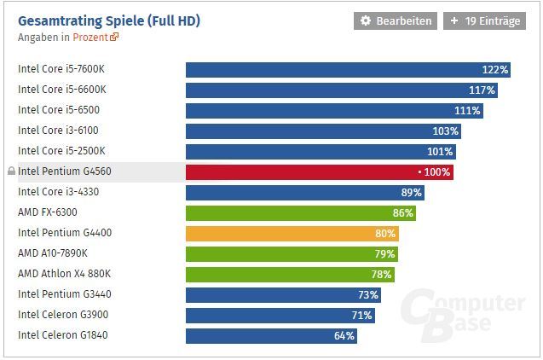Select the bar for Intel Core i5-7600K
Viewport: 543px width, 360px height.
(348, 70)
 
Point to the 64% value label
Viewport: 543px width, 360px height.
(344, 336)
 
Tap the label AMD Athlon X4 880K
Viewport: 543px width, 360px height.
(64, 274)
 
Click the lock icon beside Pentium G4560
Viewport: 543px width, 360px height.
(11, 171)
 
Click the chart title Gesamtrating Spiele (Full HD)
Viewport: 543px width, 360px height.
(110, 20)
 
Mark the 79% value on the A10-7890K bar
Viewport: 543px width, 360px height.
(384, 254)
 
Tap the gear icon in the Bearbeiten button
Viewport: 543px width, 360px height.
(366, 20)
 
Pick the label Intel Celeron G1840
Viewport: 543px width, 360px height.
(62, 335)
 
